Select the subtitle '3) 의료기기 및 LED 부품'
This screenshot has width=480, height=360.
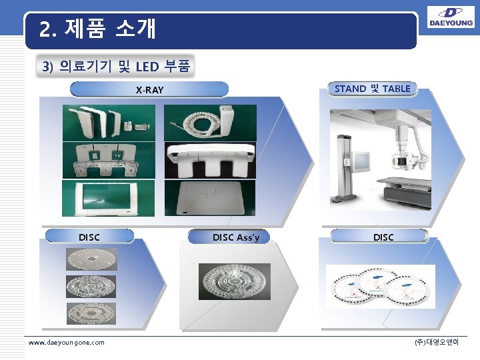(116, 67)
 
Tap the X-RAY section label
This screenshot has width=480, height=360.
(149, 89)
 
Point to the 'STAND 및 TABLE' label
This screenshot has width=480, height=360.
(372, 88)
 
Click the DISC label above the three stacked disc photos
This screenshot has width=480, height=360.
(89, 237)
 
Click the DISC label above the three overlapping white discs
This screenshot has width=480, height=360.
(383, 237)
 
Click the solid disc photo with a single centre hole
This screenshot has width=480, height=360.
(91, 259)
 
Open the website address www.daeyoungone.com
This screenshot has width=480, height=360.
(66, 342)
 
